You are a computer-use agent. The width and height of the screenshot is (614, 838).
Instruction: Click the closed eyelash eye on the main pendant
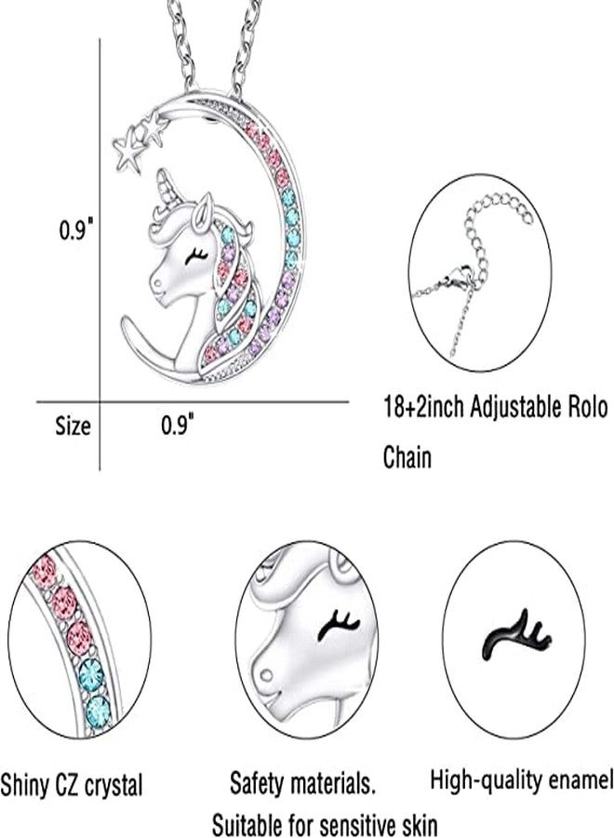point(195,257)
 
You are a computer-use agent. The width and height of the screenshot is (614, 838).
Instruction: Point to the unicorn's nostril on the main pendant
point(157,280)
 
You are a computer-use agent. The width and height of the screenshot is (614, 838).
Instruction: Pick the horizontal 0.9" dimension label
point(178,426)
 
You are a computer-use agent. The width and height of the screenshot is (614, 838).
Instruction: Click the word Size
point(73,426)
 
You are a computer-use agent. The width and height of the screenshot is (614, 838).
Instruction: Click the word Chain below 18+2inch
point(407,457)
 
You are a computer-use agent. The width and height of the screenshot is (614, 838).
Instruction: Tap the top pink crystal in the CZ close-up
point(44,570)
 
